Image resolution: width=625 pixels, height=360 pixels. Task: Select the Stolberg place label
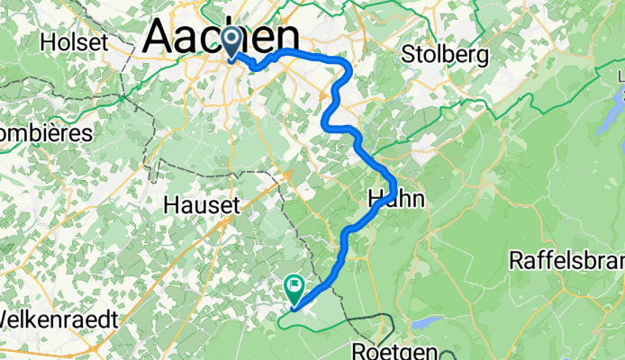click(447, 54)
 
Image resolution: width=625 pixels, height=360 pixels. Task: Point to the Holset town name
click(74, 42)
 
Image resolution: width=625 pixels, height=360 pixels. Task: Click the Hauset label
click(202, 205)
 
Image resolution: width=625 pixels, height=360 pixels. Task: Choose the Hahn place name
click(394, 200)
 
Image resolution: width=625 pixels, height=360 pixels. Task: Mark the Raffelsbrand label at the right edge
click(566, 261)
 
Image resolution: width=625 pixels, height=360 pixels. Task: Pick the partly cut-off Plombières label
click(45, 133)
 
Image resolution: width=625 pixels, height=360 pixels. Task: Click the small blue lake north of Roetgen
click(425, 321)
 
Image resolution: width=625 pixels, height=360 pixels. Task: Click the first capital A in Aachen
click(161, 38)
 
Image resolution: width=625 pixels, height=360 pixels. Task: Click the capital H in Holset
click(49, 42)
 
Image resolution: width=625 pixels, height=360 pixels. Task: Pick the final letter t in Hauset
click(236, 205)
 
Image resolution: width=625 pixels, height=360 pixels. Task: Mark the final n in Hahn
click(417, 200)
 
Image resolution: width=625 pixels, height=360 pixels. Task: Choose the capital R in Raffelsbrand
click(517, 261)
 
